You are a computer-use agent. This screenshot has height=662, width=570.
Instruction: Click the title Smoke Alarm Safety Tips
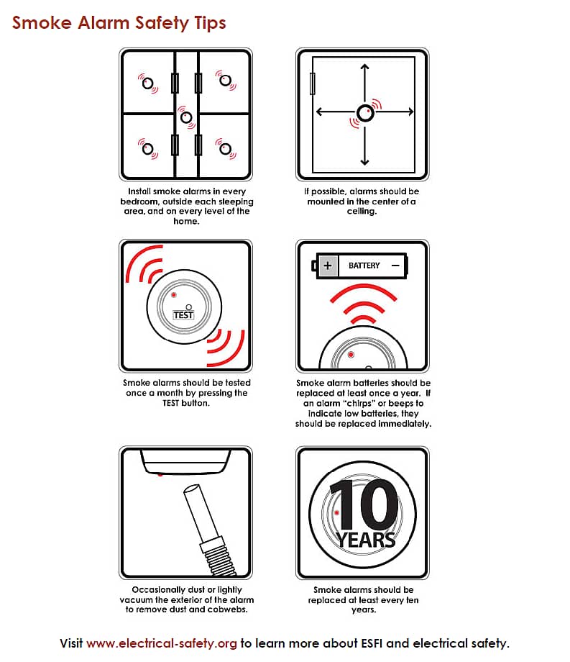tap(119, 23)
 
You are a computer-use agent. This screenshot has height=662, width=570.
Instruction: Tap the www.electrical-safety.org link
tap(162, 643)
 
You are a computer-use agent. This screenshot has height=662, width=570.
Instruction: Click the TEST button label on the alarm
tap(184, 315)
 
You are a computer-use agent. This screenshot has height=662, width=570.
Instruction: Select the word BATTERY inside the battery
tap(364, 266)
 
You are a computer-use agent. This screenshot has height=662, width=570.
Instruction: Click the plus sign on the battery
tap(328, 266)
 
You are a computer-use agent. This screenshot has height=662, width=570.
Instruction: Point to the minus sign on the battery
tap(395, 266)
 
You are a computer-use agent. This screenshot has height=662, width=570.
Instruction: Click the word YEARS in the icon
tap(367, 539)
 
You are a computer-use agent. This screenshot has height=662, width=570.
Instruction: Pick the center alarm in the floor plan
tap(186, 116)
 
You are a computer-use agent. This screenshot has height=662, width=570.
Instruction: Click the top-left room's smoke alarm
tap(148, 83)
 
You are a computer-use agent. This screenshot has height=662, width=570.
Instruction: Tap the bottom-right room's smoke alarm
tap(226, 149)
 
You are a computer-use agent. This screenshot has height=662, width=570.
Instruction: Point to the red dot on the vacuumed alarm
tap(160, 475)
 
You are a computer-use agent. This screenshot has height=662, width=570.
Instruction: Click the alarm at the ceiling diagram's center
tap(364, 112)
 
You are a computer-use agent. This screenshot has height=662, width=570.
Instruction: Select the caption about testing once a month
tap(186, 393)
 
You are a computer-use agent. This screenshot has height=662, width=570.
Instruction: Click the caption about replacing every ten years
tap(363, 599)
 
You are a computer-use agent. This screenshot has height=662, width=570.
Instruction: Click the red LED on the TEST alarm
tap(173, 295)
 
